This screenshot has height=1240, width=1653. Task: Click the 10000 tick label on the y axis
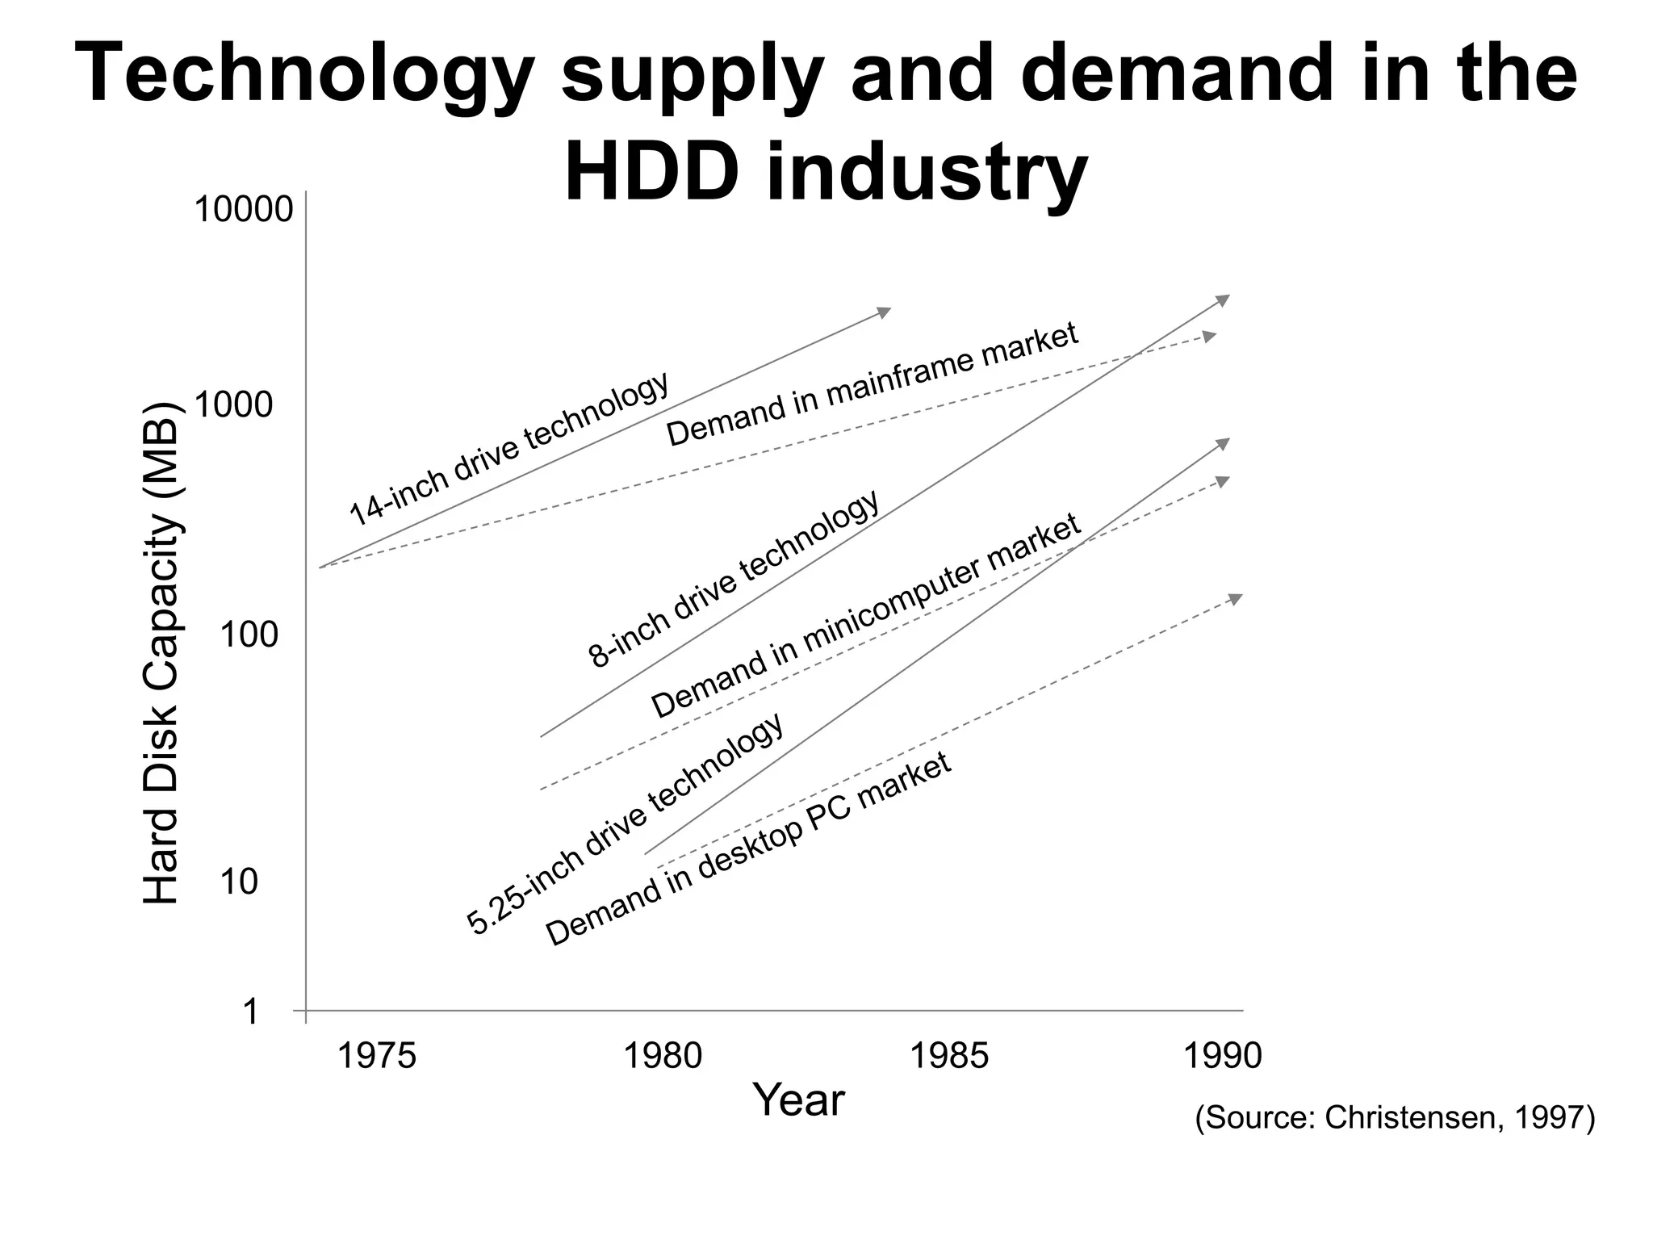(243, 210)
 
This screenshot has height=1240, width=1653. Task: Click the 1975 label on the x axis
(375, 1056)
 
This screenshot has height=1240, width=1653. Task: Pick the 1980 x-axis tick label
(663, 1056)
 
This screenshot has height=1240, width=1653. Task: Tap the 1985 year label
(948, 1056)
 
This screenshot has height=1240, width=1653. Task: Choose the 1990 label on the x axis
(1222, 1056)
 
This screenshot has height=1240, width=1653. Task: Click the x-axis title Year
(797, 1100)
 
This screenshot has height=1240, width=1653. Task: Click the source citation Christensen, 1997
(1395, 1118)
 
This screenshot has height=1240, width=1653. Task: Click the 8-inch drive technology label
(734, 580)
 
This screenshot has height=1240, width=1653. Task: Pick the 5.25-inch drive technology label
(626, 823)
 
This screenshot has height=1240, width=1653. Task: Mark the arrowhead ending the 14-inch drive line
(885, 312)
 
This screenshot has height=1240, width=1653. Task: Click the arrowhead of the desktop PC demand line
(1235, 598)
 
